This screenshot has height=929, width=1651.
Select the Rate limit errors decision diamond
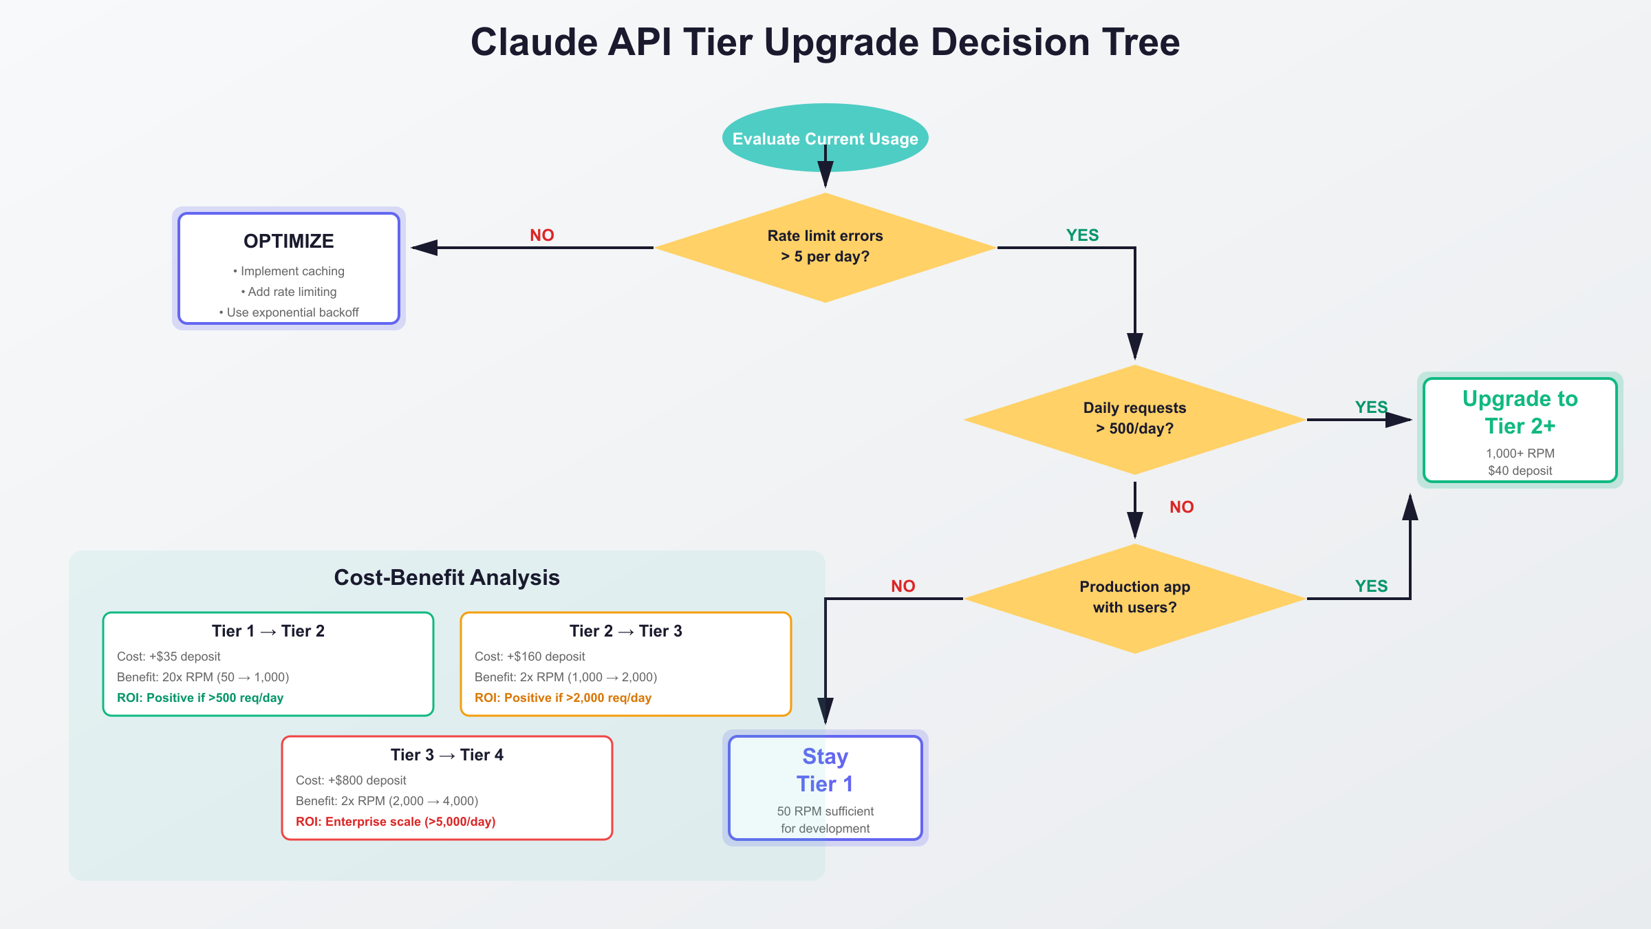pos(825,248)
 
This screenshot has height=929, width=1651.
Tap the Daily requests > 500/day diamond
pos(1135,420)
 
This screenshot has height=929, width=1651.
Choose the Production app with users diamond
pos(1135,599)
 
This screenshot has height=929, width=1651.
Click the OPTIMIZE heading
pos(289,242)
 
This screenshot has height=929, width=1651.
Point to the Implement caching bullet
pos(289,271)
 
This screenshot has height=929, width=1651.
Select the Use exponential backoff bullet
pos(289,312)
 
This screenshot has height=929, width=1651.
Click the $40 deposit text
pos(1520,471)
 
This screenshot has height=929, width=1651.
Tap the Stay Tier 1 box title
pos(825,770)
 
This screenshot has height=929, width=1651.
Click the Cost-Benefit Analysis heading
pos(447,577)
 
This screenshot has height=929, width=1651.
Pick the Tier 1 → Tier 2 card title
pos(268,631)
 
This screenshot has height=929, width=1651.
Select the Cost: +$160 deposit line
pos(530,656)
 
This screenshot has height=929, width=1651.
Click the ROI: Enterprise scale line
pos(396,822)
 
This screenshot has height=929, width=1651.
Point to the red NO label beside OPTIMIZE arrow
pos(542,235)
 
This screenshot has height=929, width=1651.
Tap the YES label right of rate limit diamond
pos(1083,235)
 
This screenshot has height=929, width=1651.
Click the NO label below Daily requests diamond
pos(1182,507)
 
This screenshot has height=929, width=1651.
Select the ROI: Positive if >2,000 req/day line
pos(563,698)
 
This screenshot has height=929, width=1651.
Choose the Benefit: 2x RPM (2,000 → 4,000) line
pos(387,801)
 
